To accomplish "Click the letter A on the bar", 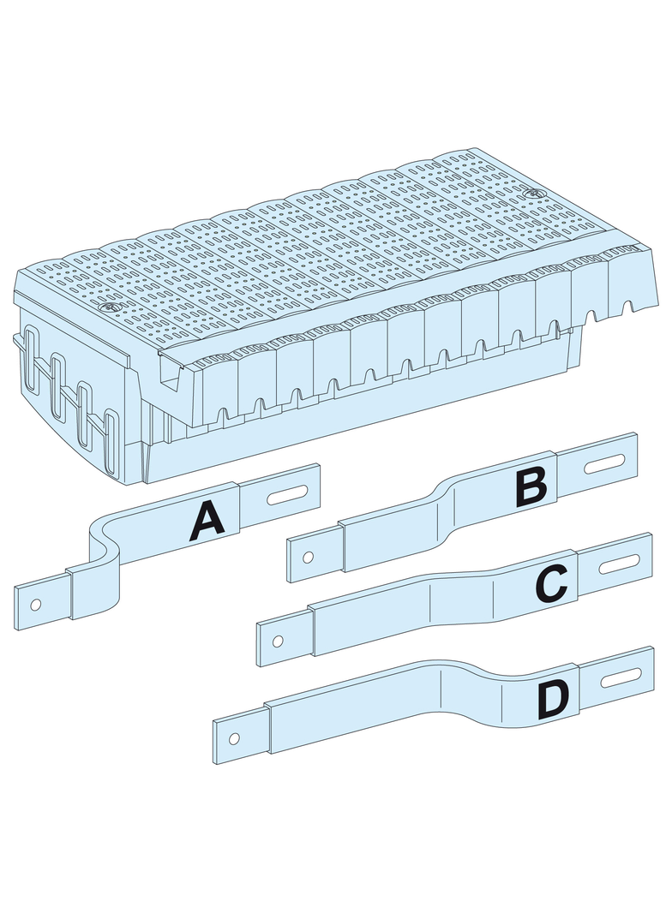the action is [207, 521].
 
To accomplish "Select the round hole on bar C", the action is [278, 641].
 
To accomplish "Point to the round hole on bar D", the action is [234, 739].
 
